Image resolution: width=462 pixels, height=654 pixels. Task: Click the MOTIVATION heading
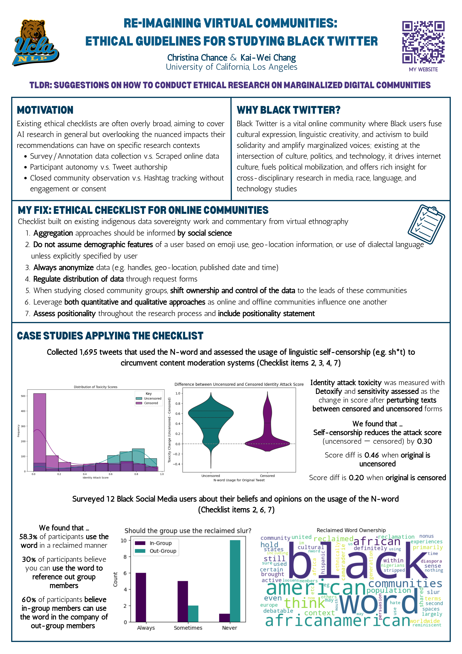click(45, 110)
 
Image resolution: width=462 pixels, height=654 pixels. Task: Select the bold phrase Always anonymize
click(63, 268)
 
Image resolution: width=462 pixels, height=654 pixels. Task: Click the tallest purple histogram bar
click(40, 427)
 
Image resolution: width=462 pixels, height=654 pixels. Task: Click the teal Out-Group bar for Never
click(235, 581)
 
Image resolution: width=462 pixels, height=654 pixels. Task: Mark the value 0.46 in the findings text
click(371, 455)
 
